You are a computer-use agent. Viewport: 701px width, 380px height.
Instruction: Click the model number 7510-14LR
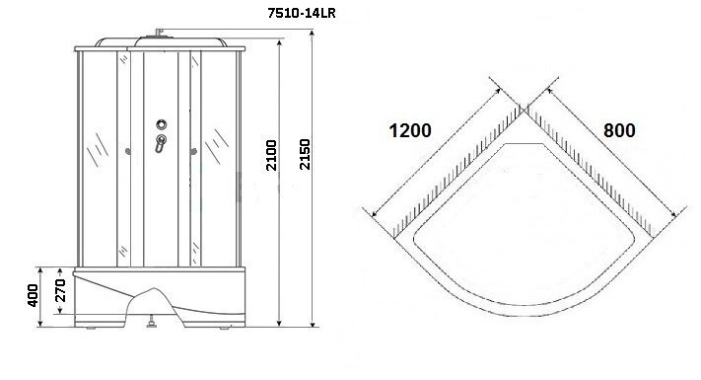(302, 13)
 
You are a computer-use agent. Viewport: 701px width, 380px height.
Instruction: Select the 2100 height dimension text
(271, 155)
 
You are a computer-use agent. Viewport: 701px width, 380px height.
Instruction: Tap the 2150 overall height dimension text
(305, 154)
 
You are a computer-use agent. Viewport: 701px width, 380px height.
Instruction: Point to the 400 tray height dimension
(33, 295)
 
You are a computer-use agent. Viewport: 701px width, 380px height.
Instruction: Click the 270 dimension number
(60, 290)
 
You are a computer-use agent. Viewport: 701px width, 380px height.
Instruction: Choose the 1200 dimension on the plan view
(410, 130)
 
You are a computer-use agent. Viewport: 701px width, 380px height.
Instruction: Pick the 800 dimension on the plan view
(619, 130)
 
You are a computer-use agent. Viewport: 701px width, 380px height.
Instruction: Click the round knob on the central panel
(162, 124)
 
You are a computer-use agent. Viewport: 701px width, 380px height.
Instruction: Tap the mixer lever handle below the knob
(161, 143)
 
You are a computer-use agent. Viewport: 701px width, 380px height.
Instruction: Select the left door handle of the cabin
(128, 152)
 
